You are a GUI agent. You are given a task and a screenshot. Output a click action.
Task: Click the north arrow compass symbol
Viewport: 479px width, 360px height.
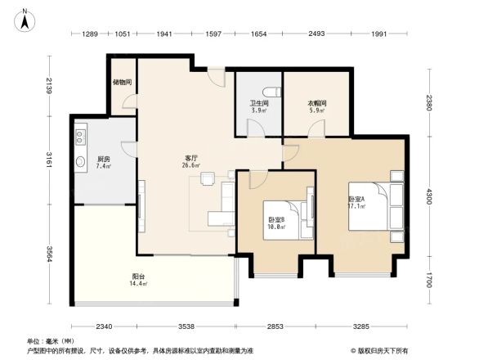tap(25, 19)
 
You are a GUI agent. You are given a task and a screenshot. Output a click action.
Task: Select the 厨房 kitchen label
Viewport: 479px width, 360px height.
tap(104, 160)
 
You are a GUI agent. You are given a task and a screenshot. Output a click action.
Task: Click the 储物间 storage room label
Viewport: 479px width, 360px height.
tap(123, 82)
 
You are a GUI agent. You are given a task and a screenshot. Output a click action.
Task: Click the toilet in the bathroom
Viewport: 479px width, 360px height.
tap(273, 91)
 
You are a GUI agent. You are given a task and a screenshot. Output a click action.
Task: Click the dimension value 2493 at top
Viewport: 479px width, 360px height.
tap(316, 34)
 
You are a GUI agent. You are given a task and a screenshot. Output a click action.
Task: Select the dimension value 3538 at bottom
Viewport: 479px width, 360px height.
tap(188, 327)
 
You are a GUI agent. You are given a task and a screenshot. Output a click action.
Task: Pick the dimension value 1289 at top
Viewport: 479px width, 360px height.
tap(90, 34)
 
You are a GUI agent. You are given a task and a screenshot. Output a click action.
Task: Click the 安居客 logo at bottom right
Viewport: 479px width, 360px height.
tap(385, 350)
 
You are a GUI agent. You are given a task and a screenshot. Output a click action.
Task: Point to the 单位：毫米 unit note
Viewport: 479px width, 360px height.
tap(51, 341)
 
